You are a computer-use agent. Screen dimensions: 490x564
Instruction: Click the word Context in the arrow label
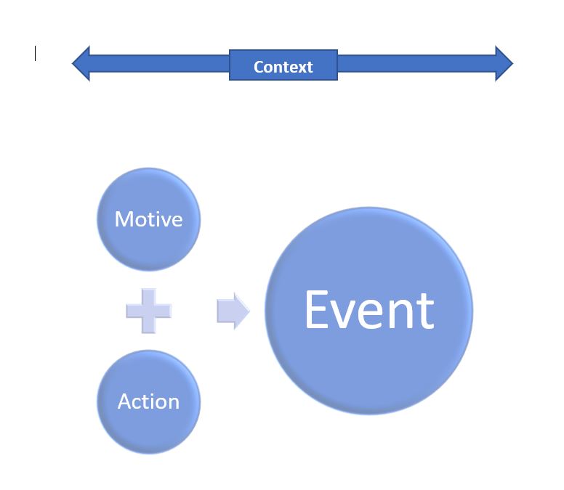coord(283,67)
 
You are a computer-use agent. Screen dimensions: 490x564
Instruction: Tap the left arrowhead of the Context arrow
coord(81,64)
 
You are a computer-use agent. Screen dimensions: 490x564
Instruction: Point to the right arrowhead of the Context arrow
coord(504,64)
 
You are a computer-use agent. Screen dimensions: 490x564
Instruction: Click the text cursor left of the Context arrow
coord(35,54)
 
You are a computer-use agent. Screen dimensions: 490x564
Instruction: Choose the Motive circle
coord(148,219)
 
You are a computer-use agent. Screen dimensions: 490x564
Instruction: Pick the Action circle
coord(148,401)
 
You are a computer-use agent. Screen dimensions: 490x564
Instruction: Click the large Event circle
coord(368,311)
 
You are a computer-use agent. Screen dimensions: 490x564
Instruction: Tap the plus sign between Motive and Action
coord(148,311)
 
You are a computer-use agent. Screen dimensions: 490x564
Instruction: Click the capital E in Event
coord(318,310)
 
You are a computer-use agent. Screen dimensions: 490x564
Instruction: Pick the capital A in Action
coord(125,401)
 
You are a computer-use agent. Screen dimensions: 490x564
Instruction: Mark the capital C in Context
coord(258,67)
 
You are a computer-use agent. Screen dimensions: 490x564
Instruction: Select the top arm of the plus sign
coord(148,297)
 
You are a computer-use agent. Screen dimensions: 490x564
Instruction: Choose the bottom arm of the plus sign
coord(148,325)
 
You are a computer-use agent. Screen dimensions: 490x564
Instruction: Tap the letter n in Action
coord(172,403)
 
